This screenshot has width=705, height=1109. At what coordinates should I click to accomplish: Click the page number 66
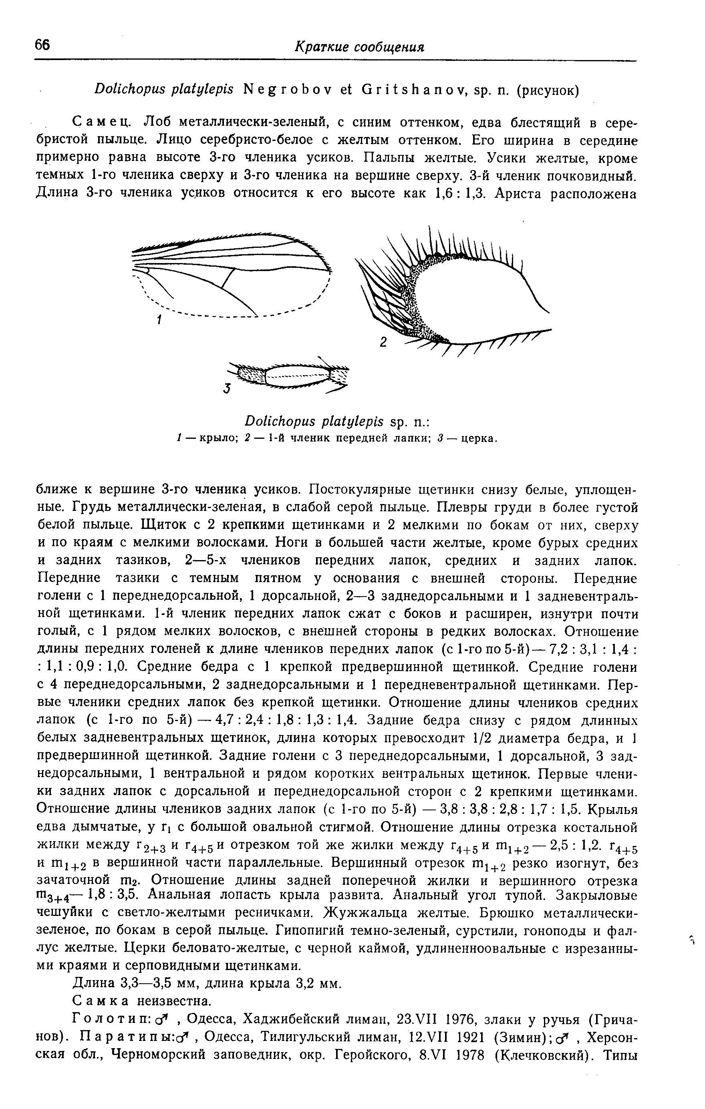click(42, 45)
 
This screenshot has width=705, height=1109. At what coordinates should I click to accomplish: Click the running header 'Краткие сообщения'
click(359, 46)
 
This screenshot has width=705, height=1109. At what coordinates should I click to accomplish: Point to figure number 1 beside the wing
click(158, 319)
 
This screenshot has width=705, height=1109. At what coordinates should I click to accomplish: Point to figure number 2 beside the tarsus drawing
click(383, 343)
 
